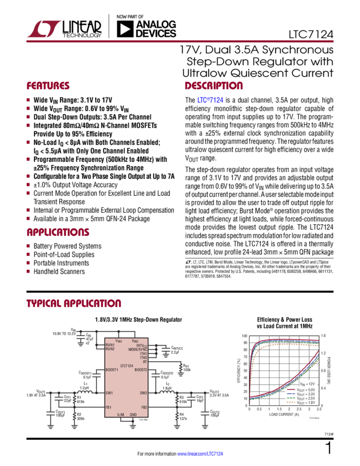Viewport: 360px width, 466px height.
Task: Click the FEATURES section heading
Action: click(49, 87)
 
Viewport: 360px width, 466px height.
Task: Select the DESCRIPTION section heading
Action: click(213, 87)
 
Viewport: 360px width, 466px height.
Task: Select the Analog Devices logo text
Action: click(156, 29)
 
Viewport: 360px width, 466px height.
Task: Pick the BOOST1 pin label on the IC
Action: click(112, 370)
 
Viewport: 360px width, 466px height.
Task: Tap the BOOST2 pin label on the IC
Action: click(141, 370)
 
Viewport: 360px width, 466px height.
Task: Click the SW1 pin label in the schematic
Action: click(108, 393)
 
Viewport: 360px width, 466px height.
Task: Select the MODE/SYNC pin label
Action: click(138, 349)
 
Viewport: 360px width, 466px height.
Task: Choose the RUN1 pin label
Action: click(110, 345)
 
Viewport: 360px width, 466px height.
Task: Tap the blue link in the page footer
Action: click(203, 454)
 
